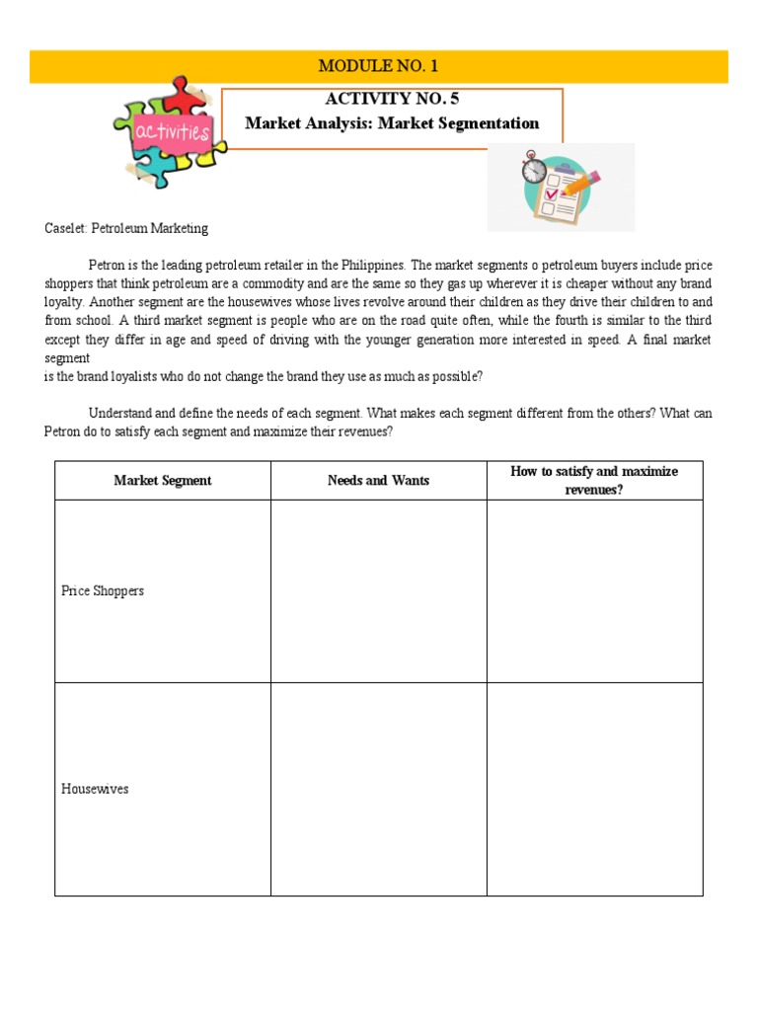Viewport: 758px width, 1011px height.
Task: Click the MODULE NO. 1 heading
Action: pos(378,66)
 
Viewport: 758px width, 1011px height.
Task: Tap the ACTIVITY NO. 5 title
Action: pos(392,99)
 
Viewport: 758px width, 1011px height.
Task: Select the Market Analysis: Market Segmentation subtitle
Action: pos(392,123)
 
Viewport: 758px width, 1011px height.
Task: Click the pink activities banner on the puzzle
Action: pos(174,131)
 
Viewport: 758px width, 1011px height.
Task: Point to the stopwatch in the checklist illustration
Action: pos(534,167)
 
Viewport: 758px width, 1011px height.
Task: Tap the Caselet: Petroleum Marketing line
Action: pos(126,228)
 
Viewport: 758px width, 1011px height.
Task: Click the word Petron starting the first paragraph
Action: pos(107,266)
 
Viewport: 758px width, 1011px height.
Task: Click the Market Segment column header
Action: pos(163,481)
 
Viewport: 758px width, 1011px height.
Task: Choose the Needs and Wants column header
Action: pos(378,481)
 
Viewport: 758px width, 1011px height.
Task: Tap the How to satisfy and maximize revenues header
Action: pos(594,480)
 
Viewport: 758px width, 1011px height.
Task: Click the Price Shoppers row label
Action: pos(103,590)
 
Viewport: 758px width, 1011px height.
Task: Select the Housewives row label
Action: pos(95,789)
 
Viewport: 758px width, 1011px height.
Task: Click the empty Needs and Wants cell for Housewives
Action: pos(378,789)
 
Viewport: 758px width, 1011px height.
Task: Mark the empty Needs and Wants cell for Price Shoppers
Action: pos(378,590)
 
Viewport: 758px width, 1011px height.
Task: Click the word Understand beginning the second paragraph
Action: pos(121,414)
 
